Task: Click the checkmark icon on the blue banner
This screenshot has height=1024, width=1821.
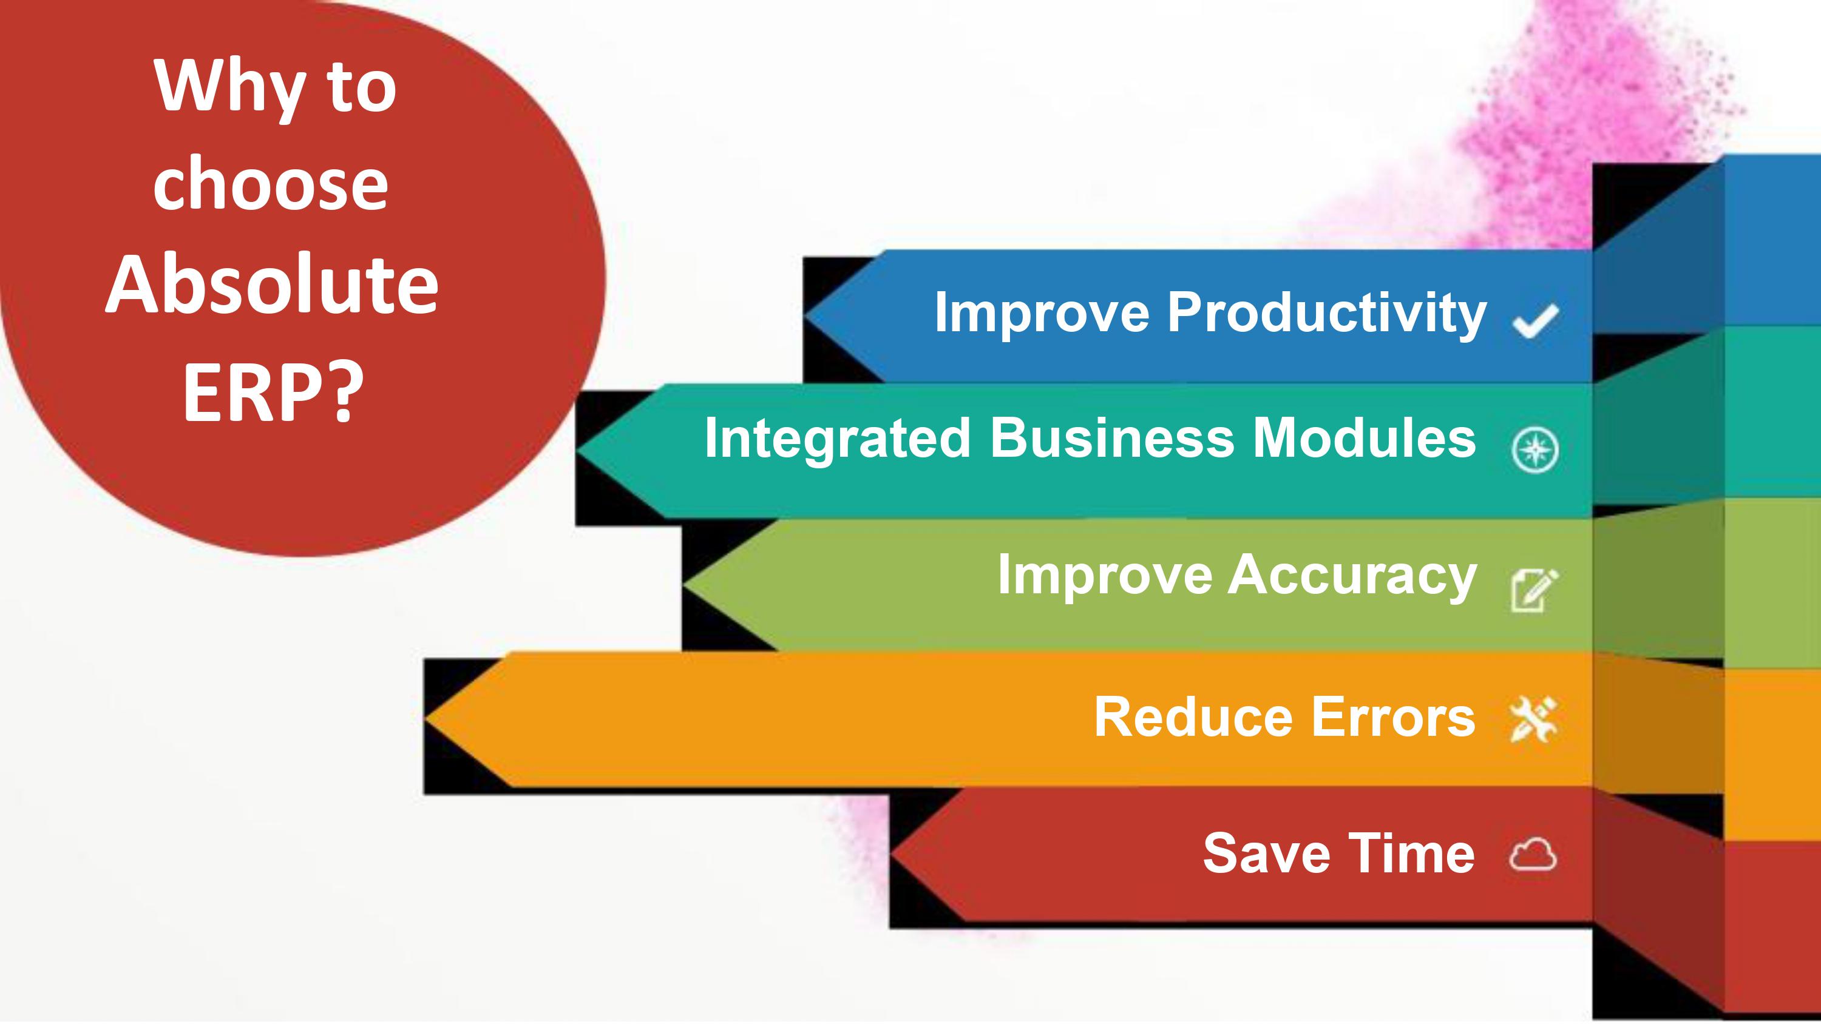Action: (x=1534, y=322)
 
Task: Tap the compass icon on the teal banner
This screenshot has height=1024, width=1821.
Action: (x=1534, y=450)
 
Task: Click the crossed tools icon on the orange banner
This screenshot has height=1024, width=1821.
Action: (x=1533, y=720)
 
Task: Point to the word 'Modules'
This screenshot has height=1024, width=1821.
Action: (x=1365, y=438)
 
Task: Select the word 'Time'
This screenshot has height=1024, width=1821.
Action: (x=1412, y=854)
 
